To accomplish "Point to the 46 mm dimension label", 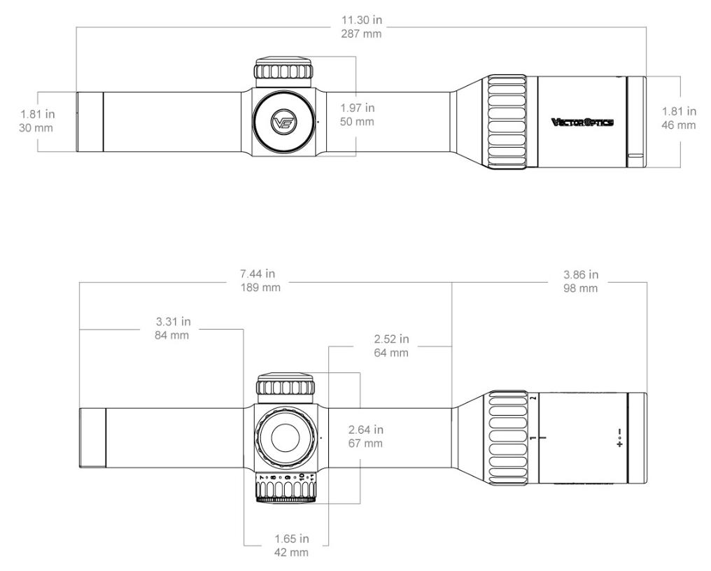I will tap(679, 125).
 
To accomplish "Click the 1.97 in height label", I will tap(357, 108).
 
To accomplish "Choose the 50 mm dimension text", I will tap(357, 122).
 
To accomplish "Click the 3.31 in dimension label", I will tap(172, 322).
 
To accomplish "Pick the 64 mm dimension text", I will tap(391, 353).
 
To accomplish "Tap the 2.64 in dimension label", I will tap(365, 430).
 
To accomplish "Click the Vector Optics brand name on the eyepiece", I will tap(582, 122).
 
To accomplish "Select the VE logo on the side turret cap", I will tap(285, 122).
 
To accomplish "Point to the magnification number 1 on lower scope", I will tap(533, 438).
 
